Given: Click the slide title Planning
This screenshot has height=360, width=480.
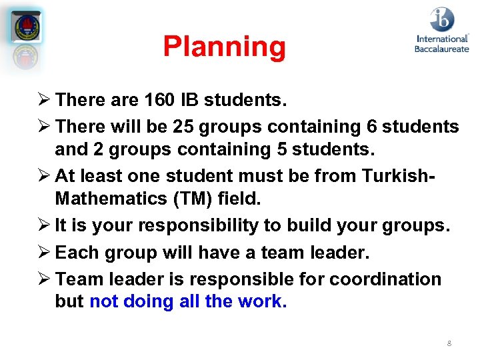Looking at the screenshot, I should (224, 47).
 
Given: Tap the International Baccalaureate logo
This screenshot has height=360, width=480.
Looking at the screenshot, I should (441, 29).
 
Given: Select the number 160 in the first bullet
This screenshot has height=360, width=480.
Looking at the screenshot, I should (157, 100).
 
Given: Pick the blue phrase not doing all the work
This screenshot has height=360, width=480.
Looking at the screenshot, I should (188, 301).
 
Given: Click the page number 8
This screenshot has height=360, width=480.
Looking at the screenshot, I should (449, 343).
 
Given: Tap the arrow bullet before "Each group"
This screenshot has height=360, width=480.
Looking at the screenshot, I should (43, 253).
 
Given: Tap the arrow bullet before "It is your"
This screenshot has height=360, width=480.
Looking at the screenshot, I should (43, 225).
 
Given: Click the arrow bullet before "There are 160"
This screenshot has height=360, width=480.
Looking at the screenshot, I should (43, 100).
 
